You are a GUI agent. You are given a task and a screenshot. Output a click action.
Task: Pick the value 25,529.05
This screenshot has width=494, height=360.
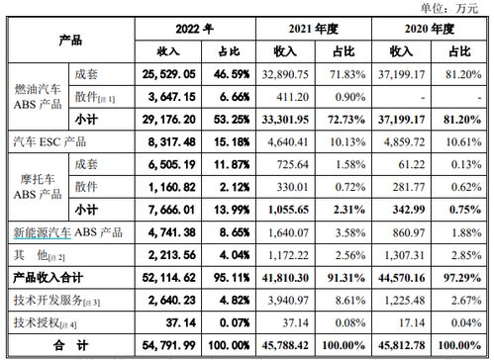point(158,74)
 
